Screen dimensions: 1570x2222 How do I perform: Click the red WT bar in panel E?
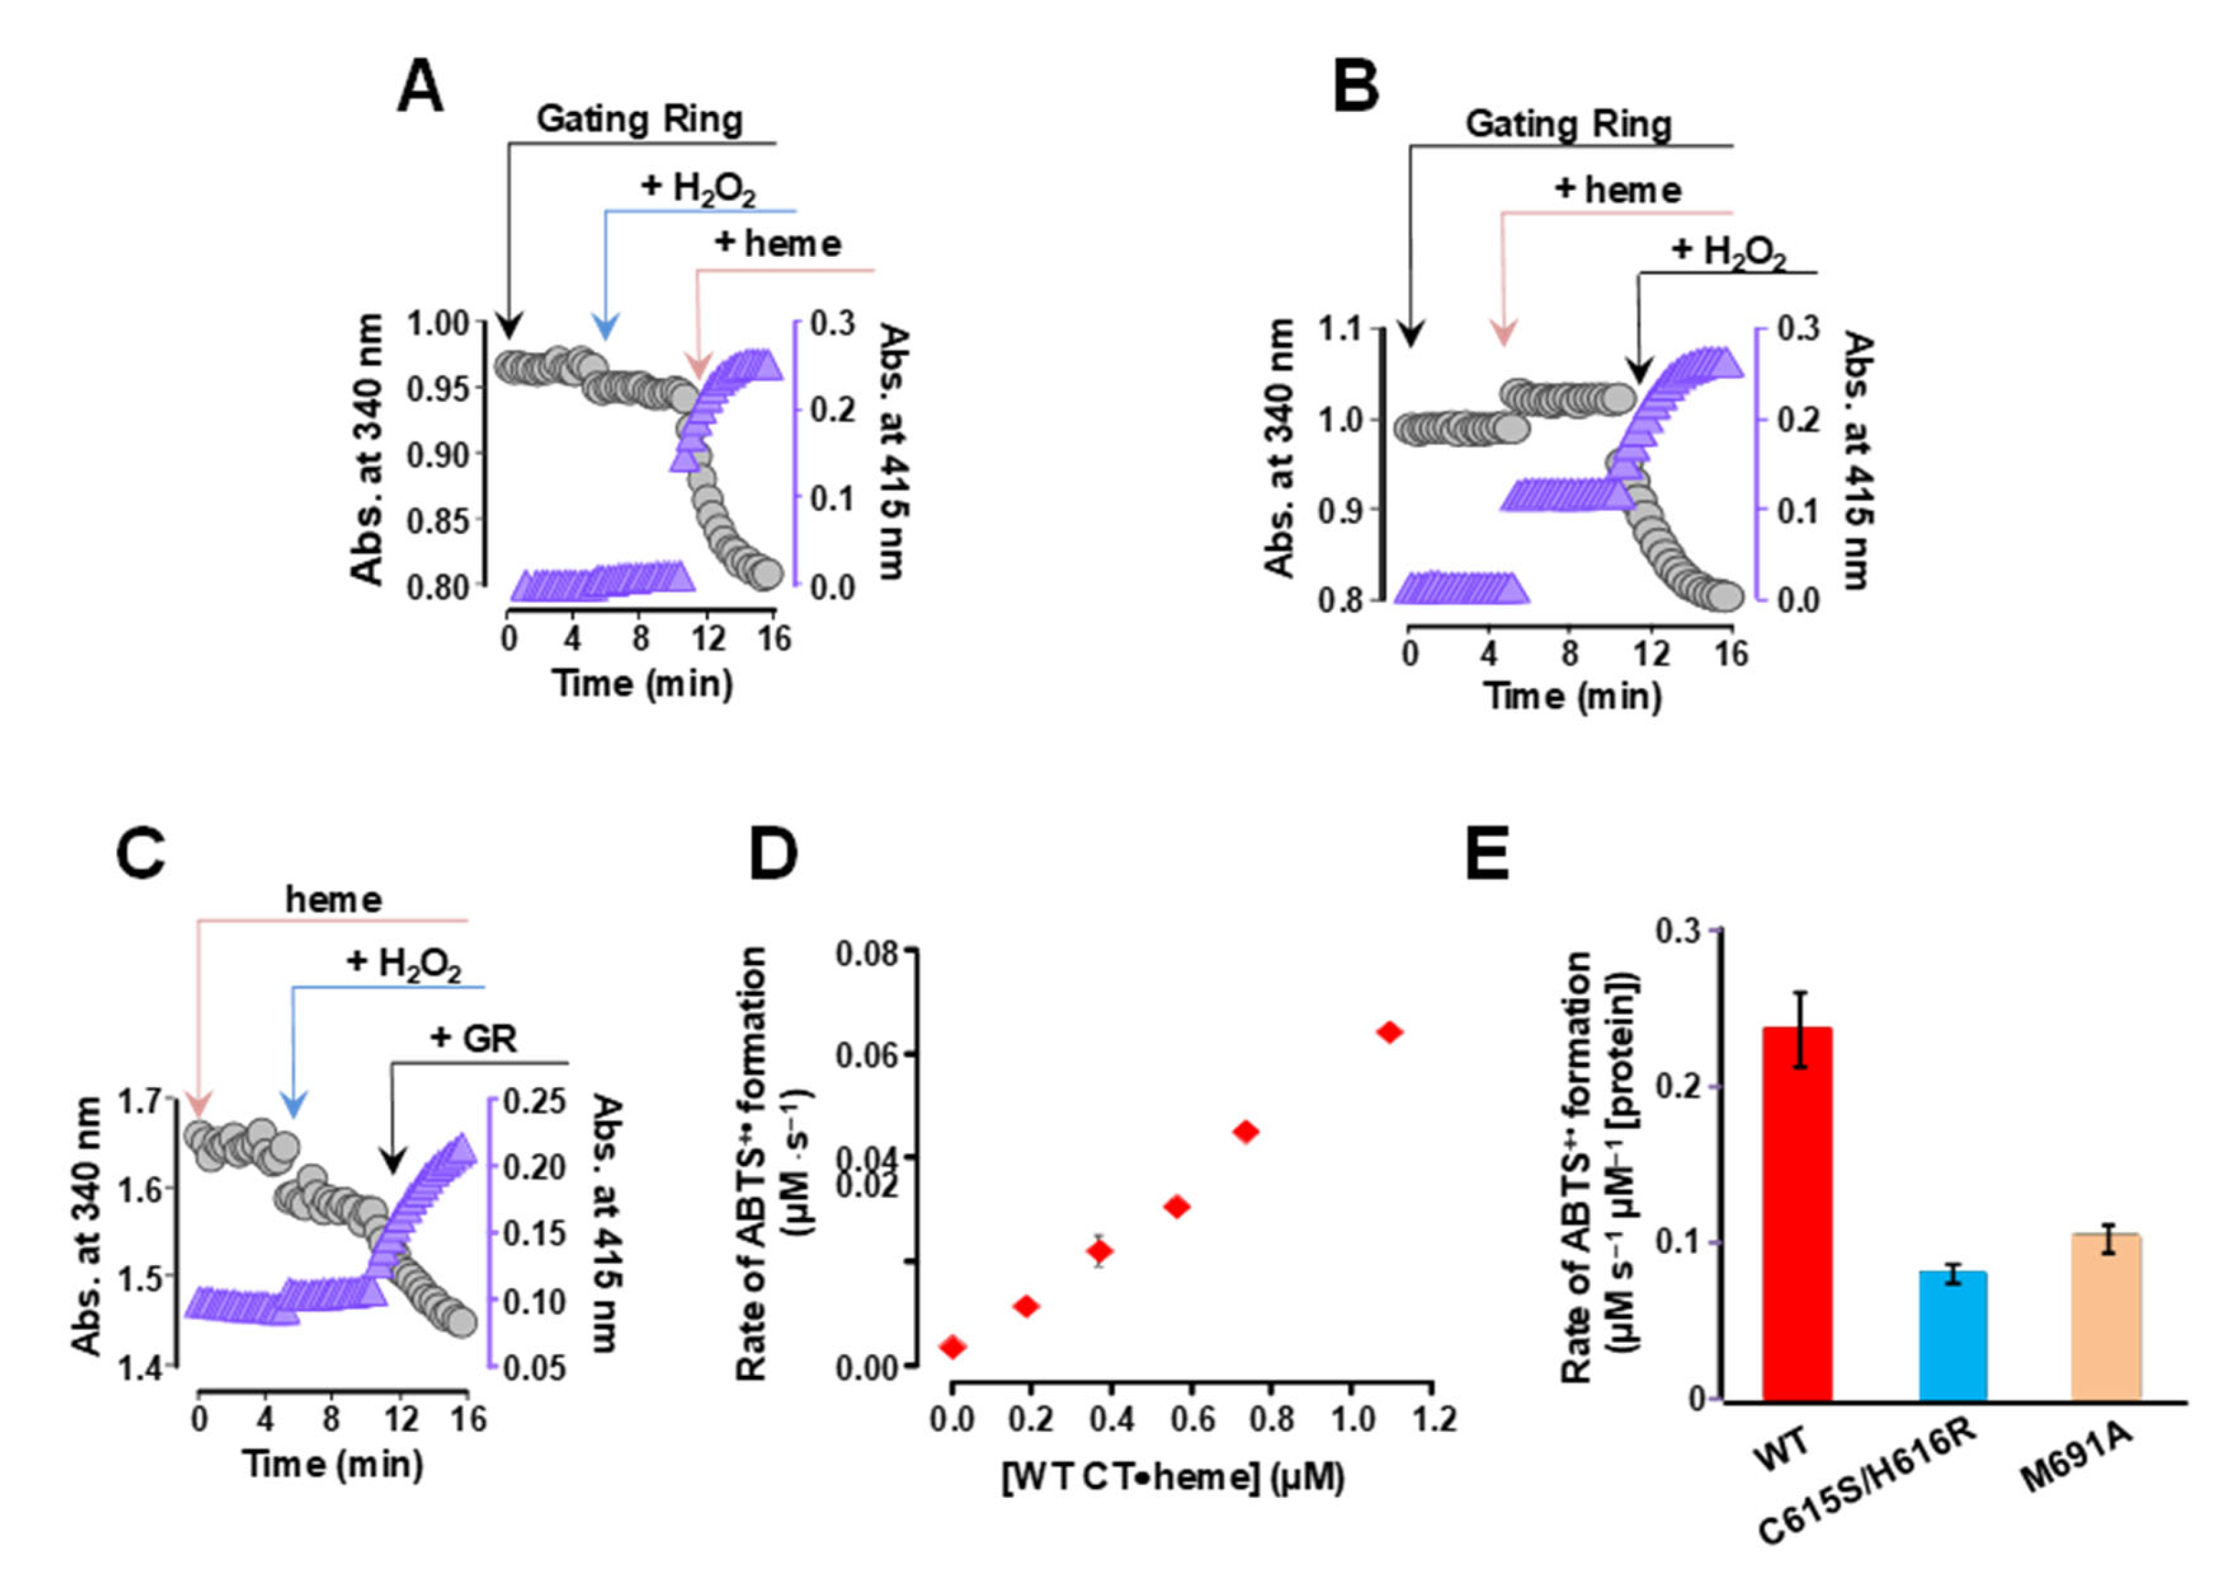[1797, 1215]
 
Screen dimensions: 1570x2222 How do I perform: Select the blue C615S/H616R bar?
[1952, 1336]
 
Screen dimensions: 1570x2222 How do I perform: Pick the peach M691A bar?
[2106, 1316]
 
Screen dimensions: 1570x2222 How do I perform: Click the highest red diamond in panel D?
[1390, 1033]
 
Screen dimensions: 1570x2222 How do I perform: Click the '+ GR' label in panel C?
[473, 1038]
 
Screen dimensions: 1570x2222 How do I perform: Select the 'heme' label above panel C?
[333, 899]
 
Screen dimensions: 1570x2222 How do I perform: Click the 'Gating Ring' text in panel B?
[1568, 124]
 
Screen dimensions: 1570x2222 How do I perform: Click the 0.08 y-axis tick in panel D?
[867, 954]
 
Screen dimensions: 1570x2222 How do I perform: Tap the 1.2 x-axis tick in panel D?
[1432, 1420]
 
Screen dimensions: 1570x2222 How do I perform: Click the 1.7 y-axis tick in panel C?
[142, 1101]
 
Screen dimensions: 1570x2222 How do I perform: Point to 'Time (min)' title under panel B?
[1573, 696]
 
